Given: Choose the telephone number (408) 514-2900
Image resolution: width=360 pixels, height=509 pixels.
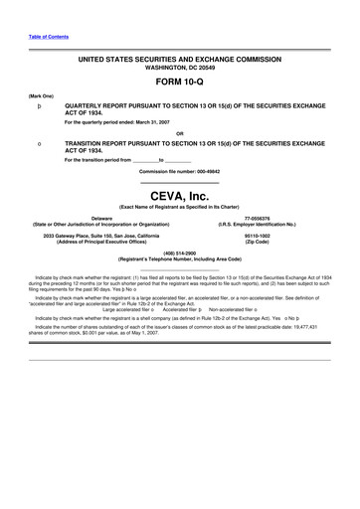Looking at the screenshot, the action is point(179,253).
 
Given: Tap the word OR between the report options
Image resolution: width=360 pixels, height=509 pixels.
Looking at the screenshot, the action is point(179,132).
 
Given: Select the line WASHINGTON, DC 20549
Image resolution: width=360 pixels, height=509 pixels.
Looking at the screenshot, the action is point(179,70).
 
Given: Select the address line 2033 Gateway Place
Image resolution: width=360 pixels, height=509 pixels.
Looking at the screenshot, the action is point(101,235).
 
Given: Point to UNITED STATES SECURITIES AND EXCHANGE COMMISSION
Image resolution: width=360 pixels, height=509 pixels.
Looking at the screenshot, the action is point(179,61).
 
